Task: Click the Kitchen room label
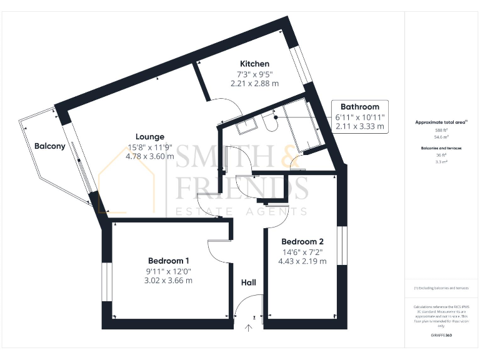[x=255, y=64]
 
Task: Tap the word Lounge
[x=150, y=137]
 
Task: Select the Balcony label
[x=49, y=146]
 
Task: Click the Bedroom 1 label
[x=168, y=261]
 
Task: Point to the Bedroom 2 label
[x=302, y=242]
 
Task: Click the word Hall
[x=249, y=283]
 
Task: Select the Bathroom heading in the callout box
[x=359, y=107]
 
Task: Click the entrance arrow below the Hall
[x=250, y=327]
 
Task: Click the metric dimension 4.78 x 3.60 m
[x=150, y=157]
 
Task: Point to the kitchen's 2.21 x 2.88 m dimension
[x=255, y=83]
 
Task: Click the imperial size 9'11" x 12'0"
[x=168, y=271]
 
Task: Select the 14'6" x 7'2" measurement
[x=302, y=252]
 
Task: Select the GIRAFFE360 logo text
[x=441, y=336]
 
